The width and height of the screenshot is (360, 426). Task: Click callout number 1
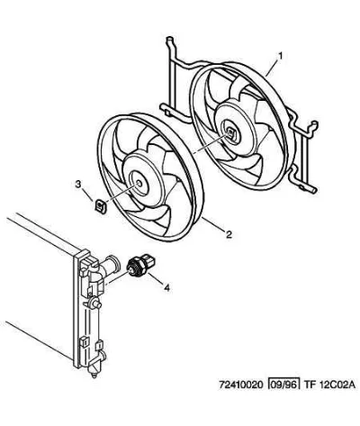click(281, 56)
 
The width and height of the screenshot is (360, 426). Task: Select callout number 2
click(229, 234)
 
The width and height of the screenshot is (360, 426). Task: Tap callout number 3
click(78, 184)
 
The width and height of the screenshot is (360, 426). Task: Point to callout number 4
click(166, 288)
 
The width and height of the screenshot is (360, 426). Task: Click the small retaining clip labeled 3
click(101, 206)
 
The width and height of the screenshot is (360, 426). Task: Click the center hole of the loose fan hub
click(139, 183)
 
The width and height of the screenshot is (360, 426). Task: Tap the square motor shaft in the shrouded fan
click(230, 132)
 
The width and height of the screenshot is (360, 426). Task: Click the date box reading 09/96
click(283, 385)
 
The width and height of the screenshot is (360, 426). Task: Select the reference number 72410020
click(241, 385)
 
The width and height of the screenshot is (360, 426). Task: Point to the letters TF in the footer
click(310, 385)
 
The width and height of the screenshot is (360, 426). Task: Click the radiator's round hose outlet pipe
click(111, 265)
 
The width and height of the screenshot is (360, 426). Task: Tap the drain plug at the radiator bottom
click(94, 373)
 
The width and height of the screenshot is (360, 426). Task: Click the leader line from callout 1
click(272, 68)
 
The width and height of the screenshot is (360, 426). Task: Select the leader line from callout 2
click(213, 223)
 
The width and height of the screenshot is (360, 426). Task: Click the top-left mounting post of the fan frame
click(170, 45)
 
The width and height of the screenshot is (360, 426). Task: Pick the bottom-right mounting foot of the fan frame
click(308, 188)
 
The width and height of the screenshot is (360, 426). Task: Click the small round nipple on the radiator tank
click(95, 303)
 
